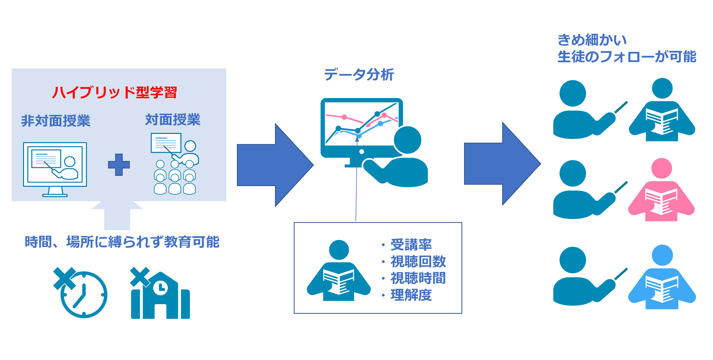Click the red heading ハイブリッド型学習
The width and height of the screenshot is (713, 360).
click(114, 92)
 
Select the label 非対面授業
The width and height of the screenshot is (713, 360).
click(56, 121)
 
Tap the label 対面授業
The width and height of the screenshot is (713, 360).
click(173, 120)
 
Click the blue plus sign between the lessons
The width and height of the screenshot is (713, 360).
click(119, 165)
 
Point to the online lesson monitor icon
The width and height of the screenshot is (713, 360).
click(55, 169)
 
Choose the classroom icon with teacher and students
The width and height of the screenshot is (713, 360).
click(175, 164)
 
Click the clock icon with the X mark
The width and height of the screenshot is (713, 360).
click(80, 293)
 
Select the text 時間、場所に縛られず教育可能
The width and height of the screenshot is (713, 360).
click(122, 242)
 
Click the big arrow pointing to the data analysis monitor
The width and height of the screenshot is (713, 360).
click(275, 165)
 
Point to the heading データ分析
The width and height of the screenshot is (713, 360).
click(359, 74)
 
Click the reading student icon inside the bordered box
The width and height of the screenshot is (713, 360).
click(339, 270)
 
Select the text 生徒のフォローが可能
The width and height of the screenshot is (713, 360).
click(627, 57)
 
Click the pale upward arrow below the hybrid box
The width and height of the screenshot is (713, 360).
click(117, 215)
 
